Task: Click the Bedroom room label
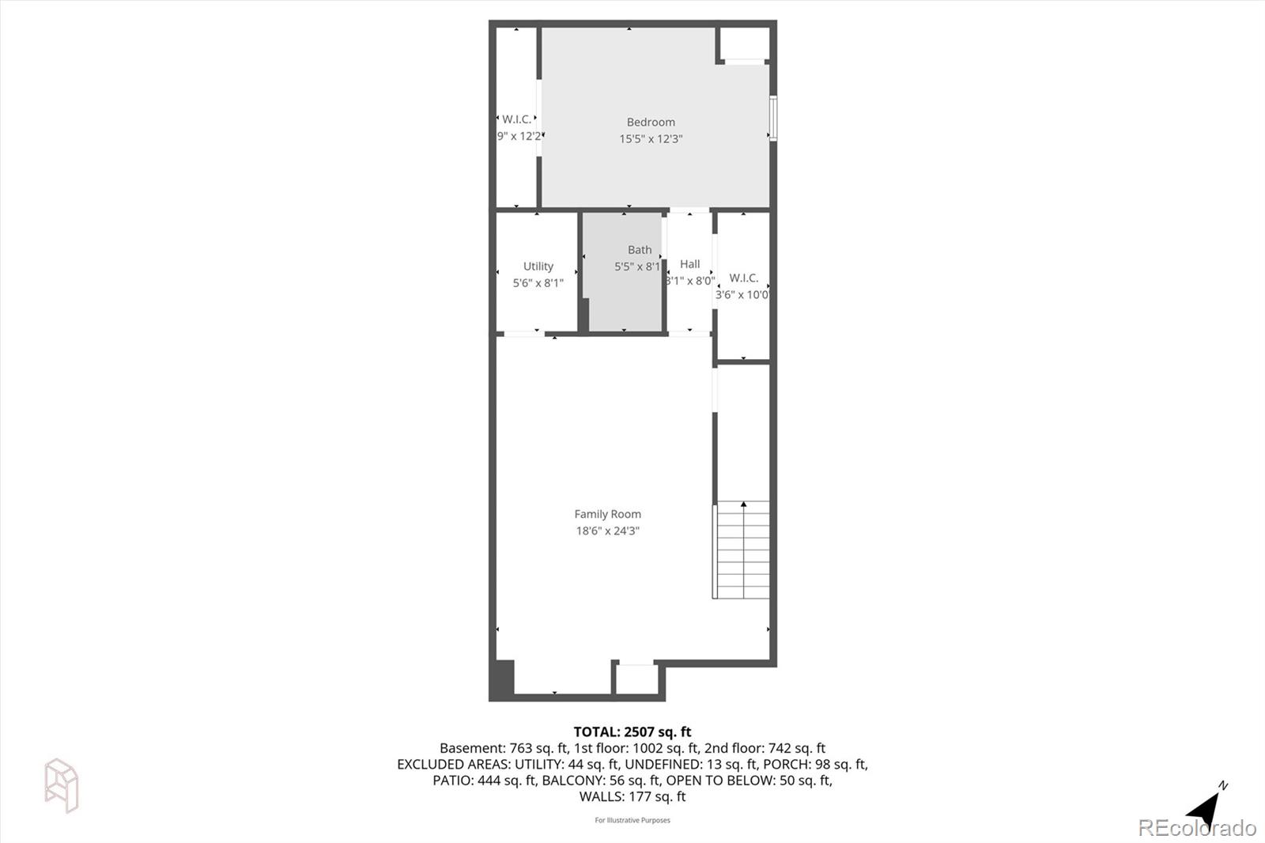(651, 123)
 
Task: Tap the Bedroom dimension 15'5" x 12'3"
(651, 139)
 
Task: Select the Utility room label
(538, 267)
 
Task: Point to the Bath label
(640, 250)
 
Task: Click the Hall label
(689, 264)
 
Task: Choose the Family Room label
(607, 514)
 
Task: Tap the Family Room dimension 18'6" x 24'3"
(607, 531)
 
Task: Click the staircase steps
(742, 554)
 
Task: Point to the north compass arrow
(1204, 808)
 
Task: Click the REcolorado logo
(1196, 828)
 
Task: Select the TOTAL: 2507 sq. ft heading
(632, 732)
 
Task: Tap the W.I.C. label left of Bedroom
(516, 119)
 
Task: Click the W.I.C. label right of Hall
(743, 278)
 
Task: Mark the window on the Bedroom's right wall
(773, 119)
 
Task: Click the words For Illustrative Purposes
(632, 820)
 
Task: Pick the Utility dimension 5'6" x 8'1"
(538, 283)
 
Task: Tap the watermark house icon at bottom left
(61, 785)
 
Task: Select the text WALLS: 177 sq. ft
(632, 797)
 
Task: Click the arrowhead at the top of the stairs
(743, 504)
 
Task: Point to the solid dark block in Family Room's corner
(502, 679)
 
